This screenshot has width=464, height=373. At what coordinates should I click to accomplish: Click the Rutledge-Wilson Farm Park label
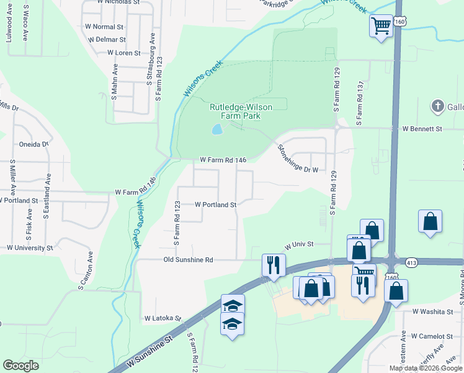click(x=241, y=111)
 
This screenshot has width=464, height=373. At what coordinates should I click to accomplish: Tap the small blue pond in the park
click(x=216, y=129)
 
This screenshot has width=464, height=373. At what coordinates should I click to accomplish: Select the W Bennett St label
click(x=422, y=129)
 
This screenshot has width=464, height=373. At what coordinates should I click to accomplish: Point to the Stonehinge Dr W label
click(x=297, y=159)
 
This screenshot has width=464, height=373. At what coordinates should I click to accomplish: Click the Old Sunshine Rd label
click(x=188, y=260)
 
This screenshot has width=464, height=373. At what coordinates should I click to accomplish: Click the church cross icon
click(x=438, y=106)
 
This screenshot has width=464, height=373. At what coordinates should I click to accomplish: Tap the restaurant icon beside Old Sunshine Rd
click(x=273, y=264)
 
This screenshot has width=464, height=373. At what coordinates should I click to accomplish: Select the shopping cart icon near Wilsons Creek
click(x=381, y=25)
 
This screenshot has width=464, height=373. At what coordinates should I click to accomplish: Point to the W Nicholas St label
click(x=118, y=2)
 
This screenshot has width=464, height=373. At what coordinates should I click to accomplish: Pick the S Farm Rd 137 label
click(x=359, y=103)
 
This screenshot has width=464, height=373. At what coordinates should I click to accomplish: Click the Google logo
click(x=20, y=366)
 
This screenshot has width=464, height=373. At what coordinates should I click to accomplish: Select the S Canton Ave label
click(x=85, y=270)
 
